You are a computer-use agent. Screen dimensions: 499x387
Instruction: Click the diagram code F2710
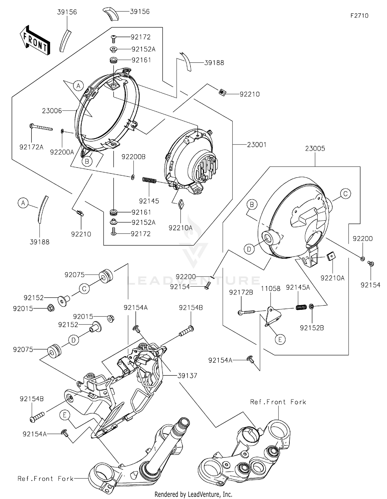(x=359, y=16)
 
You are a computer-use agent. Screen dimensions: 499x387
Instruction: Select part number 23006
(x=52, y=111)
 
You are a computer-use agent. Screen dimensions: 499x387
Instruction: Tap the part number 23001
(x=256, y=145)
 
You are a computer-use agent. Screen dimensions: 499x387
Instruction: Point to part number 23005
(x=315, y=149)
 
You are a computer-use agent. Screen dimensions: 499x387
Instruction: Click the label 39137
(x=187, y=376)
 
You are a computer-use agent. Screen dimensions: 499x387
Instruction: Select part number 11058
(x=271, y=288)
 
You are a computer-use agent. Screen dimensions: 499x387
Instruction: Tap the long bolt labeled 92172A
(x=41, y=127)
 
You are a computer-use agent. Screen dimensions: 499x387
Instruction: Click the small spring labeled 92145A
(x=301, y=307)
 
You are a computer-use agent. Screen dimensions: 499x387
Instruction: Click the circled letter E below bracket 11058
(x=280, y=340)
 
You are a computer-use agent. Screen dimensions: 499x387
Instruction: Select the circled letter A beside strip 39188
(x=23, y=203)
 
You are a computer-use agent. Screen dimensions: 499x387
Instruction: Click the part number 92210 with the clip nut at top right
(x=249, y=94)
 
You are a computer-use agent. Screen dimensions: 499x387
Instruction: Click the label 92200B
(x=133, y=157)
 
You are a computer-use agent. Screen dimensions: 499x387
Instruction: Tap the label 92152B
(x=312, y=328)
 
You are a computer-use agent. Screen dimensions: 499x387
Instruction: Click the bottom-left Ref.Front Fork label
(x=45, y=478)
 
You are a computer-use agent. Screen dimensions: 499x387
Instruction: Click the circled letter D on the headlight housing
(x=249, y=249)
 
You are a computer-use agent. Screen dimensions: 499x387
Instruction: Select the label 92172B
(x=241, y=292)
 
